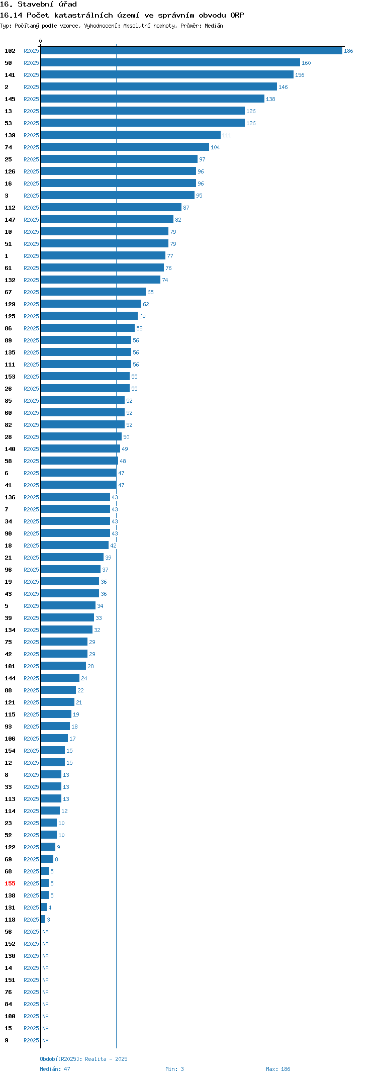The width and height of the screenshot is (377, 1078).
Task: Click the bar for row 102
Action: pyautogui.click(x=192, y=51)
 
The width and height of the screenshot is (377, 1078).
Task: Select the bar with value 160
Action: pyautogui.click(x=170, y=63)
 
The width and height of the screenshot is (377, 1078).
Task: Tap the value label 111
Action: pyautogui.click(x=227, y=135)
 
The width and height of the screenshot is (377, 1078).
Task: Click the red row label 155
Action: pyautogui.click(x=10, y=883)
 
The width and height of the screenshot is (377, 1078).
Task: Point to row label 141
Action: pyautogui.click(x=10, y=75)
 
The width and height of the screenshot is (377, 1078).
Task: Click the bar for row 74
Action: pyautogui.click(x=125, y=147)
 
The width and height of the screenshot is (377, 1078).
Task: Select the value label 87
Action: pyautogui.click(x=186, y=208)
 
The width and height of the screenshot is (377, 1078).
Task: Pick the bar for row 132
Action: pyautogui.click(x=101, y=280)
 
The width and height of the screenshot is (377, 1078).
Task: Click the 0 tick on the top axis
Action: pyautogui.click(x=41, y=41)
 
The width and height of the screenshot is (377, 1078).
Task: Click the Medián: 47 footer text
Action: pyautogui.click(x=55, y=1069)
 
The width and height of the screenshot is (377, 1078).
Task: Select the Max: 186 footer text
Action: pyautogui.click(x=278, y=1069)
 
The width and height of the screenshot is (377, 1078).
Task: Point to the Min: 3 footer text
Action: pyautogui.click(x=174, y=1069)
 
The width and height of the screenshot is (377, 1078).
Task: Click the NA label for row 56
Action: pyautogui.click(x=45, y=932)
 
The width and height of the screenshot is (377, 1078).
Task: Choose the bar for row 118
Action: pyautogui.click(x=43, y=920)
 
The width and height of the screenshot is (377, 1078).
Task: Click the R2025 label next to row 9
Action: pyautogui.click(x=31, y=1040)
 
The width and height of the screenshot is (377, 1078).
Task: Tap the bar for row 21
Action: pyautogui.click(x=72, y=558)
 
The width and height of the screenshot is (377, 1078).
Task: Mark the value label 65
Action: pyautogui.click(x=150, y=292)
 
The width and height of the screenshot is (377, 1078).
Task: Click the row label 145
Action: pyautogui.click(x=10, y=99)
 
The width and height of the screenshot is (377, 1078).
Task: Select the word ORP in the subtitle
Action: pyautogui.click(x=237, y=15)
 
